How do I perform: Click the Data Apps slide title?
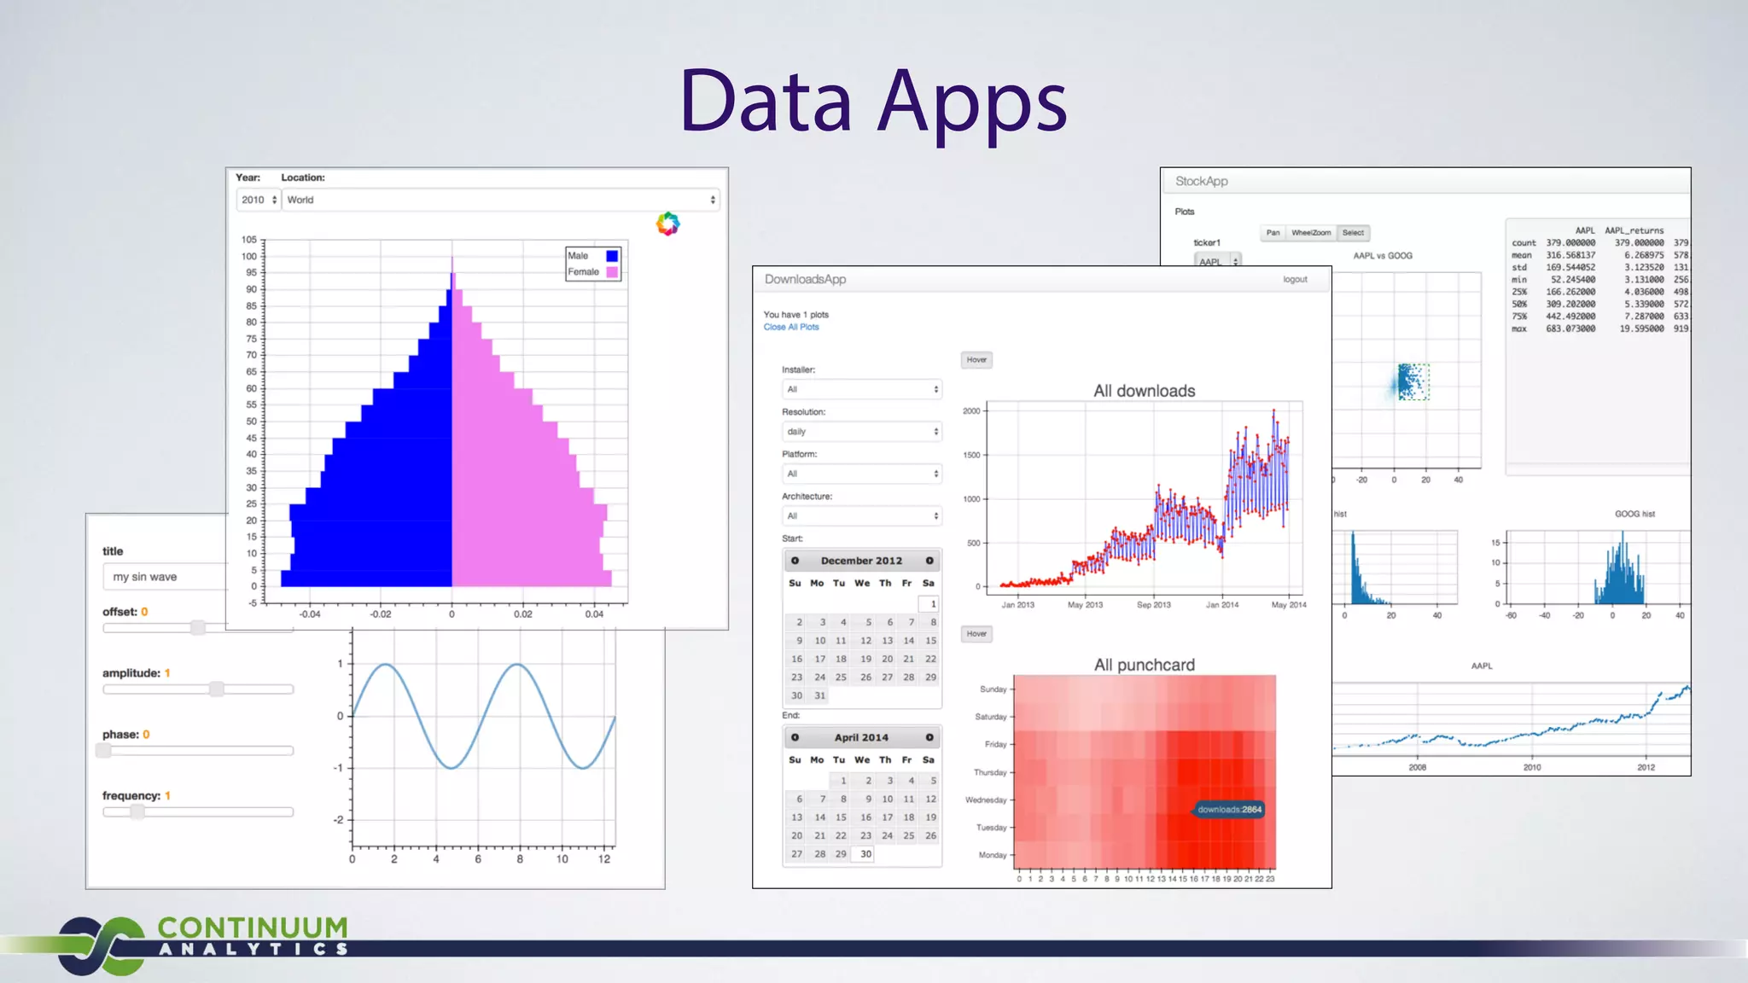click(872, 102)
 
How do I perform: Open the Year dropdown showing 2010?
click(258, 200)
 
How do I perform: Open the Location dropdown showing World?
click(500, 200)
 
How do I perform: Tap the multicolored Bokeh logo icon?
click(667, 224)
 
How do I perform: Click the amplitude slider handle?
click(217, 689)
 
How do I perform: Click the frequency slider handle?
click(137, 811)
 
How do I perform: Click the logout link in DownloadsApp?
click(1295, 279)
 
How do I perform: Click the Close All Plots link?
click(791, 327)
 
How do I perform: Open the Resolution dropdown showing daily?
click(861, 432)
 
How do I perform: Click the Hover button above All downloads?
click(976, 360)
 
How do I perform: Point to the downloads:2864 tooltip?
click(1228, 809)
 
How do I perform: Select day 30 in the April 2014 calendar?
click(865, 853)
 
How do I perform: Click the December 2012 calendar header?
click(861, 561)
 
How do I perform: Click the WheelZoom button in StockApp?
click(1310, 233)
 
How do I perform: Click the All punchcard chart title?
click(1145, 665)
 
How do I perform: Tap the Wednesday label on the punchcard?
click(986, 800)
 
